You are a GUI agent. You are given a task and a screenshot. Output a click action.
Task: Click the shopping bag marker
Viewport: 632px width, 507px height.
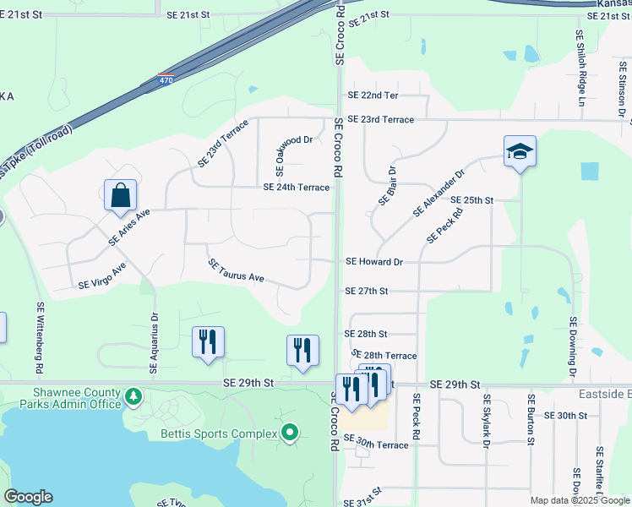point(121,195)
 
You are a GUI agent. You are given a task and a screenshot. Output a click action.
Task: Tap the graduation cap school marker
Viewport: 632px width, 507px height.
point(520,151)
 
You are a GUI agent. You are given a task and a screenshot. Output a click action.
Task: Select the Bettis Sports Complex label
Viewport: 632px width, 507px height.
point(219,433)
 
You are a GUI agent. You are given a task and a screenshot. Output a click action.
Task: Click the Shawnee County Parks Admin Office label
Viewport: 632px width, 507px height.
point(77,398)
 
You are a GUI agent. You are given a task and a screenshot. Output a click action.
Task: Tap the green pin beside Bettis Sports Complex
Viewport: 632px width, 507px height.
point(290,433)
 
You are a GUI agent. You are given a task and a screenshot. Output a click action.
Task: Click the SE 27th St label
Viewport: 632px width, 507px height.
point(366,291)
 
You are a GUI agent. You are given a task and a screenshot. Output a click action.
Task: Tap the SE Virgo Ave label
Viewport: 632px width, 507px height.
point(101,276)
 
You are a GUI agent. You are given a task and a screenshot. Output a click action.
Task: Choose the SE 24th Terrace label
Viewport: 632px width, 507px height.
point(296,188)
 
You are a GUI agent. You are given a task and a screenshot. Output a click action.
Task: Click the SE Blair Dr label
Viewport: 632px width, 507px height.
point(388,186)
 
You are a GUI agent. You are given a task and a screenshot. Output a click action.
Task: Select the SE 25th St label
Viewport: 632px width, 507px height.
point(471,200)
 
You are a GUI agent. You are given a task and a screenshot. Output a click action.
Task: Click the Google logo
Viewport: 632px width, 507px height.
point(28,497)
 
